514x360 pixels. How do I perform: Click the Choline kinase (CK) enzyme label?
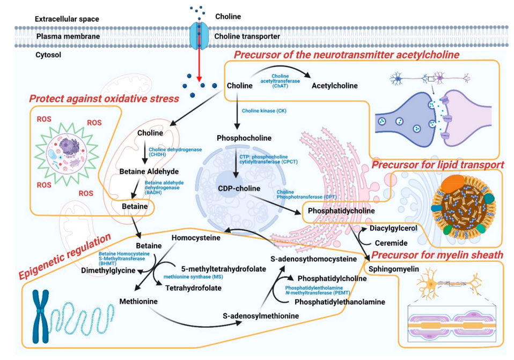point(264,111)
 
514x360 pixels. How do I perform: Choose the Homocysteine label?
point(195,237)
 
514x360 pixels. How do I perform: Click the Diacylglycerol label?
point(396,227)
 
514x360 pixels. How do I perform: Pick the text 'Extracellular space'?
point(67,19)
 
